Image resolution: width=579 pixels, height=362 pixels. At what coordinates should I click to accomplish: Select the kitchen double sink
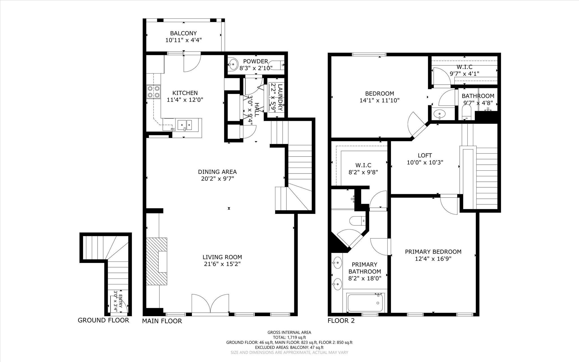(x=185, y=124)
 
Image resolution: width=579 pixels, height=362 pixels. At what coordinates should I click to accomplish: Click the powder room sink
(x=233, y=64)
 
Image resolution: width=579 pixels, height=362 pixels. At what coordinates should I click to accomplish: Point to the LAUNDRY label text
(x=280, y=97)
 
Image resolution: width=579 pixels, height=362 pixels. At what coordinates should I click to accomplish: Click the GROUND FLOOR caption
(x=103, y=320)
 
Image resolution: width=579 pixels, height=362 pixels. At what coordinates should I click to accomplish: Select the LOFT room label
(x=425, y=155)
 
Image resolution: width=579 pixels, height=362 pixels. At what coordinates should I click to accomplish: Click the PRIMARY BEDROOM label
(x=433, y=252)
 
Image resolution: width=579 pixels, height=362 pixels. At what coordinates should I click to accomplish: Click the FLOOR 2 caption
(x=341, y=321)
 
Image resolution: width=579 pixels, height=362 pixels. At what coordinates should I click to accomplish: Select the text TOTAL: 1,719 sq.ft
(x=289, y=337)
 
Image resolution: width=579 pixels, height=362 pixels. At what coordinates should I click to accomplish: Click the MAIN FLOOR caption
(x=162, y=321)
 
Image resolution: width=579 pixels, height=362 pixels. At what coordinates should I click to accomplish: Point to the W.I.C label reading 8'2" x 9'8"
(x=363, y=172)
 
